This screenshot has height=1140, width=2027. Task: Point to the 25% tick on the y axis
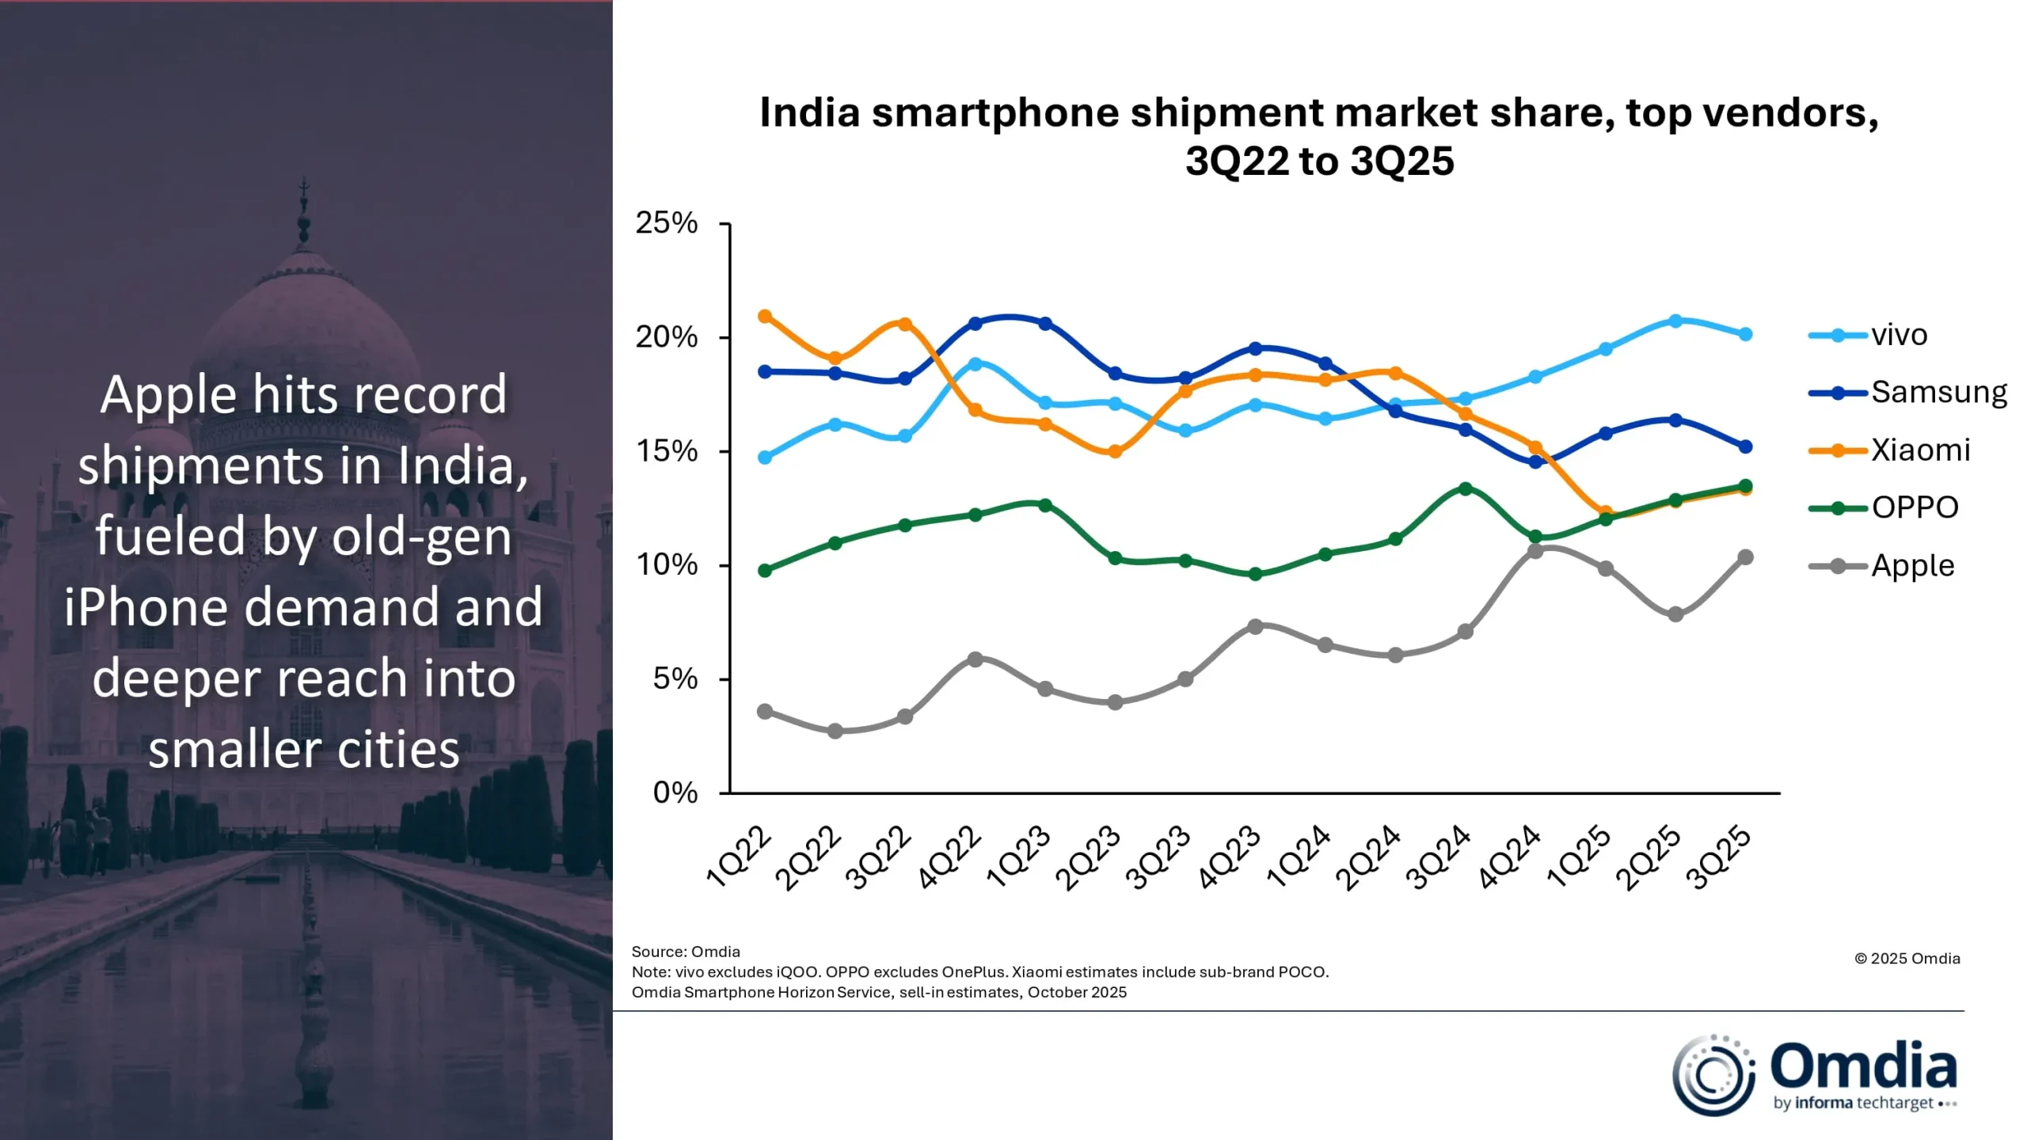[x=667, y=223]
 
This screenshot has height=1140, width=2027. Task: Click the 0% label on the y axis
[x=675, y=792]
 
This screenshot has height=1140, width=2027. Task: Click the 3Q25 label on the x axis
[x=1718, y=858]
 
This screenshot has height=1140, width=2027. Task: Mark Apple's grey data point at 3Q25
[x=1745, y=557]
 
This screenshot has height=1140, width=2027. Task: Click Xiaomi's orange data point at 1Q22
[x=765, y=317]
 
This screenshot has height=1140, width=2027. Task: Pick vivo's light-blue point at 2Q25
[x=1675, y=321]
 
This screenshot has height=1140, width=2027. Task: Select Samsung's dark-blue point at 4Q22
[x=975, y=324]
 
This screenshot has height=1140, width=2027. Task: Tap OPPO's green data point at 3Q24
[x=1465, y=489]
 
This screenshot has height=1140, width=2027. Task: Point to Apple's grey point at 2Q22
[x=835, y=731]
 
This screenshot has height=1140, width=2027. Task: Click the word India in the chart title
[x=809, y=112]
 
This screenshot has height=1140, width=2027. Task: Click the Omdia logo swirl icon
[x=1713, y=1075]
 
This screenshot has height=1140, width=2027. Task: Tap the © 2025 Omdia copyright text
[x=1907, y=959]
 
